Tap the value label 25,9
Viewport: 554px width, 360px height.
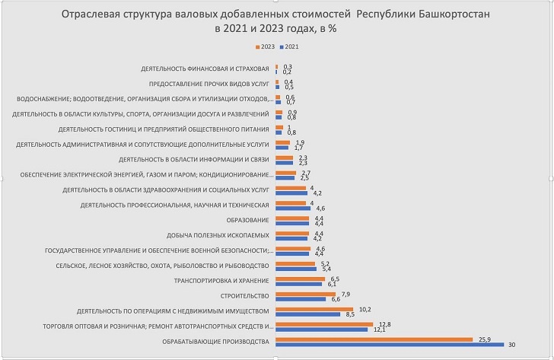point(485,339)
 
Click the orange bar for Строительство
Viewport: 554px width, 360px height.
point(305,293)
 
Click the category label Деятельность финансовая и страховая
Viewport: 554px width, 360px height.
point(205,69)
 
